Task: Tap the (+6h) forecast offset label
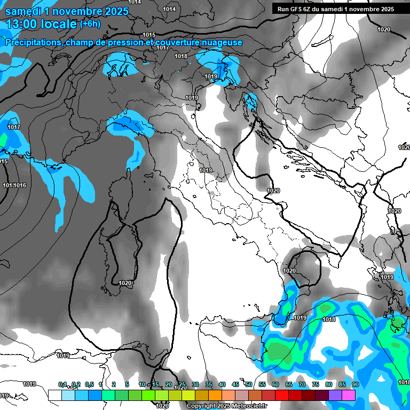pyautogui.click(x=92, y=24)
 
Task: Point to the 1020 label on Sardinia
pyautogui.click(x=125, y=283)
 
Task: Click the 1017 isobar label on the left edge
pyautogui.click(x=14, y=127)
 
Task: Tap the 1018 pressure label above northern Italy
pyautogui.click(x=181, y=56)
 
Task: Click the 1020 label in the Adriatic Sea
pyautogui.click(x=273, y=191)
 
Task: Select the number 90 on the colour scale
pyautogui.click(x=355, y=384)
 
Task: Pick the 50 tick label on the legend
pyautogui.click(x=248, y=384)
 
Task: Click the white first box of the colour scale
pyautogui.click(x=54, y=395)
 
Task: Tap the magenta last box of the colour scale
pyautogui.click(x=349, y=395)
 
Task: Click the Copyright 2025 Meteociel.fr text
pyautogui.click(x=226, y=406)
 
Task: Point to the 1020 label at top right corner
pyautogui.click(x=383, y=29)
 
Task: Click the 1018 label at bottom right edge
pyautogui.click(x=404, y=382)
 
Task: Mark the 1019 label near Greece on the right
pyautogui.click(x=387, y=277)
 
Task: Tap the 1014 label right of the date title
pyautogui.click(x=169, y=9)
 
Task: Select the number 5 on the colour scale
pyautogui.click(x=127, y=384)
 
